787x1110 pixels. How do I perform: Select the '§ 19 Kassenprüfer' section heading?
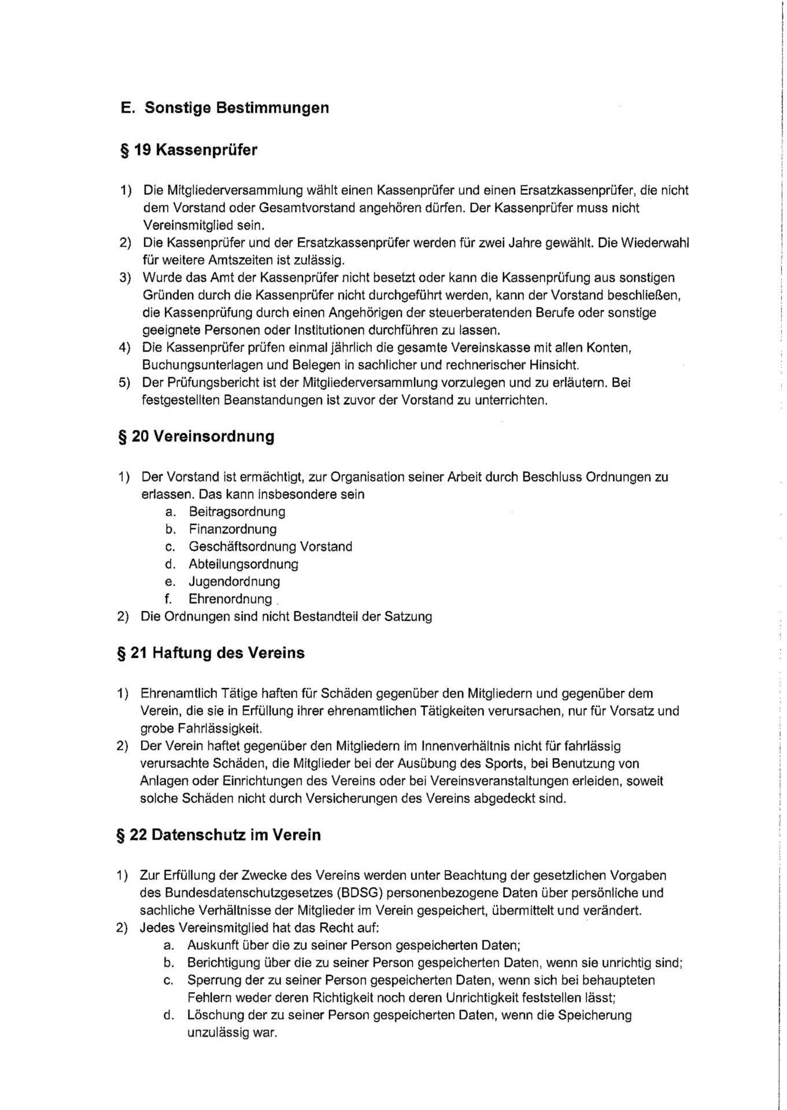click(189, 150)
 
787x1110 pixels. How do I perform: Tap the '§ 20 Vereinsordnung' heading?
click(197, 436)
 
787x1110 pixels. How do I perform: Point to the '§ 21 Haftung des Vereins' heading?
click(212, 653)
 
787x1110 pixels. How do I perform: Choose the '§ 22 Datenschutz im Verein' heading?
click(219, 835)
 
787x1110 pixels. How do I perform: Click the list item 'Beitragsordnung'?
click(237, 512)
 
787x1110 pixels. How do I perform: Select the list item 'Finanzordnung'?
click(232, 529)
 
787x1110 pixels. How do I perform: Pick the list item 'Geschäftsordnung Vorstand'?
click(270, 546)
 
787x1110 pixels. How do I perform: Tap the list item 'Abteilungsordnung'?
click(243, 564)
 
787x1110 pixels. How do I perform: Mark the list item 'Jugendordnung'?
click(234, 581)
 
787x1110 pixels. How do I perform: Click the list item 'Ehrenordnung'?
click(230, 599)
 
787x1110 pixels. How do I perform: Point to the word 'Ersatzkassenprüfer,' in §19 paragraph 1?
click(583, 190)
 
